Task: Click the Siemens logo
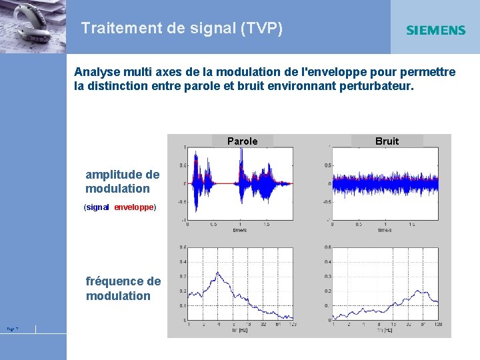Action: point(435,30)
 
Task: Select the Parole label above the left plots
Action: point(242,141)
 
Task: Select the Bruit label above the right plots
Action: point(387,141)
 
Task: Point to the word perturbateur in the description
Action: point(375,86)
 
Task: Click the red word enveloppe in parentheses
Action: point(133,207)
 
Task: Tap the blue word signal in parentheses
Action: point(97,207)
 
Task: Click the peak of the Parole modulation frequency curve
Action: point(217,273)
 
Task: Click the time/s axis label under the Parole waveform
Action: point(239,230)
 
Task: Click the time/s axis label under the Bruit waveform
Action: point(385,230)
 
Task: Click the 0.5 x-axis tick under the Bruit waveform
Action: point(358,225)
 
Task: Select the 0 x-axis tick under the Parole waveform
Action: point(187,225)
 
